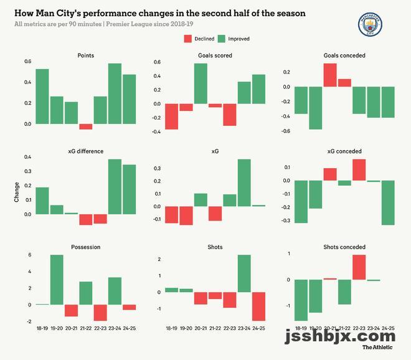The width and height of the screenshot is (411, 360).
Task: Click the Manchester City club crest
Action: (370, 26)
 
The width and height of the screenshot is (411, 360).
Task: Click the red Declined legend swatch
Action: (188, 39)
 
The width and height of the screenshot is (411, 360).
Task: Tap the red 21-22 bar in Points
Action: (86, 126)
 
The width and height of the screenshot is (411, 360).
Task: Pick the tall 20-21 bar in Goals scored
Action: (201, 83)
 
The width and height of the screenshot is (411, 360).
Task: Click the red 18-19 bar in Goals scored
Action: (171, 116)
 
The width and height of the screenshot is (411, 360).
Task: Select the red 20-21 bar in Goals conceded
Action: (330, 75)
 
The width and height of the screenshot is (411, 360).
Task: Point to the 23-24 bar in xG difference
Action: (115, 187)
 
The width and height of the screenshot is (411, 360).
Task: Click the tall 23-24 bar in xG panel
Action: (244, 182)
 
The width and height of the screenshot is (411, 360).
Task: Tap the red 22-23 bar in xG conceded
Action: (359, 170)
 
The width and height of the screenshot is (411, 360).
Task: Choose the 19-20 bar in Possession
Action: (57, 280)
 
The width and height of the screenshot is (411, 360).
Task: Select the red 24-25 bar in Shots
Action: (258, 306)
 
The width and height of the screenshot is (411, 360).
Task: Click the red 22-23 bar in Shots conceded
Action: (359, 267)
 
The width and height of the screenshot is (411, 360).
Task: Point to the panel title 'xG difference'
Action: (86, 151)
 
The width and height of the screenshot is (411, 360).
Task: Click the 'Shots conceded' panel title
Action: (344, 247)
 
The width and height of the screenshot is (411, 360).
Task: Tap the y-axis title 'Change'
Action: (17, 192)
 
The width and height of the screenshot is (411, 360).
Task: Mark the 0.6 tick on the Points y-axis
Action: (27, 62)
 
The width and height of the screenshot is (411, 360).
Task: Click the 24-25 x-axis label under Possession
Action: (129, 328)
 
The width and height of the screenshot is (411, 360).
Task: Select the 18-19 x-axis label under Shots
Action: (171, 328)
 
